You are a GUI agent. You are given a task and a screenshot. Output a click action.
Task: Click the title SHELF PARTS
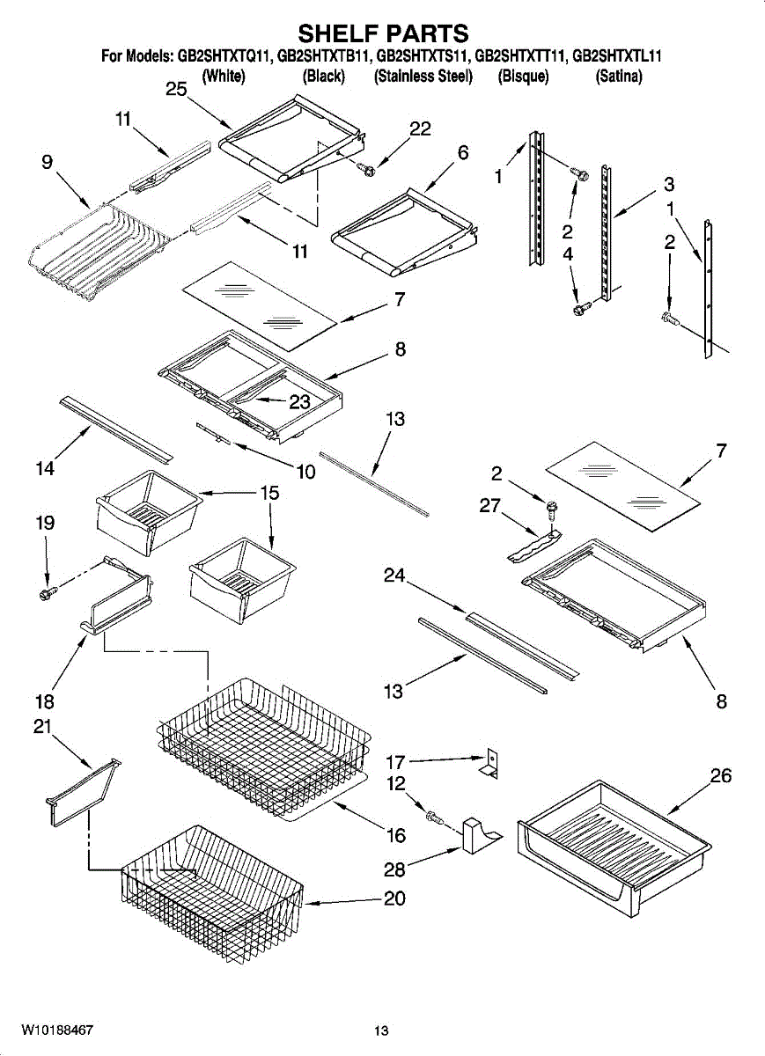click(x=382, y=33)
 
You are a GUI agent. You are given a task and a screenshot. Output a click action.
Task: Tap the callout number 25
click(x=177, y=89)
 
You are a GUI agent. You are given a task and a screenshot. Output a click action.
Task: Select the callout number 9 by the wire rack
click(x=47, y=162)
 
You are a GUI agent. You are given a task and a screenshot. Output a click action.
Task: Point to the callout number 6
click(x=462, y=152)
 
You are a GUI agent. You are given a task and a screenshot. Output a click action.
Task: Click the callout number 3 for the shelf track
click(x=669, y=185)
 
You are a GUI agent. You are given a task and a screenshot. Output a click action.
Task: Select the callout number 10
click(x=305, y=472)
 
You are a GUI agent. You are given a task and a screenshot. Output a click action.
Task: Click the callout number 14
click(x=46, y=469)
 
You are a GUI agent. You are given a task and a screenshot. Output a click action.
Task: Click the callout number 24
click(x=394, y=576)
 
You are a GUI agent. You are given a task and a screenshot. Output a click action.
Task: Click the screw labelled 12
click(x=434, y=818)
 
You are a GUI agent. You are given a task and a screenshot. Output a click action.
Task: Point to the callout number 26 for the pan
click(x=721, y=776)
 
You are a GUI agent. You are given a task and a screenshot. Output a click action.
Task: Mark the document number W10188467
click(x=58, y=1029)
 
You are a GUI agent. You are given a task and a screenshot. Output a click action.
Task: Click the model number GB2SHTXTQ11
click(x=224, y=56)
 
